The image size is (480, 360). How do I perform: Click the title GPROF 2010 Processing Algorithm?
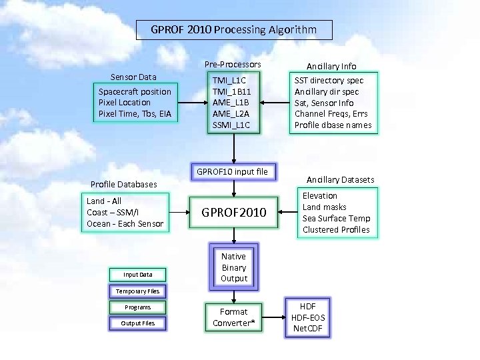point(233,30)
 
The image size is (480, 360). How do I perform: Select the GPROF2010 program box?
point(233,213)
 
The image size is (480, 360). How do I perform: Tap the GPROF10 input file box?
point(232,172)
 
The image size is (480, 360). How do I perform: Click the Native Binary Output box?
point(233,267)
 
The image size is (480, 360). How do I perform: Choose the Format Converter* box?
point(233,317)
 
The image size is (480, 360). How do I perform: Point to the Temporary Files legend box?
point(137,291)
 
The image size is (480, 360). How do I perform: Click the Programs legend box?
point(137,307)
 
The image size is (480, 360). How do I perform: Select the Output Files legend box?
point(137,323)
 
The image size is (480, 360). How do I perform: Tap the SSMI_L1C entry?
point(231,125)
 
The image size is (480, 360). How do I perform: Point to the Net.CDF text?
point(308,329)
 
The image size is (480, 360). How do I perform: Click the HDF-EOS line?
point(308,318)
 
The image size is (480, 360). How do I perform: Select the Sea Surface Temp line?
point(336,219)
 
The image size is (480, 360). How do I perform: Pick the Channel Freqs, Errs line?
point(331,114)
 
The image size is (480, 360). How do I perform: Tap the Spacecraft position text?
point(135,91)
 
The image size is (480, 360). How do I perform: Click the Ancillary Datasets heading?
point(340,180)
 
